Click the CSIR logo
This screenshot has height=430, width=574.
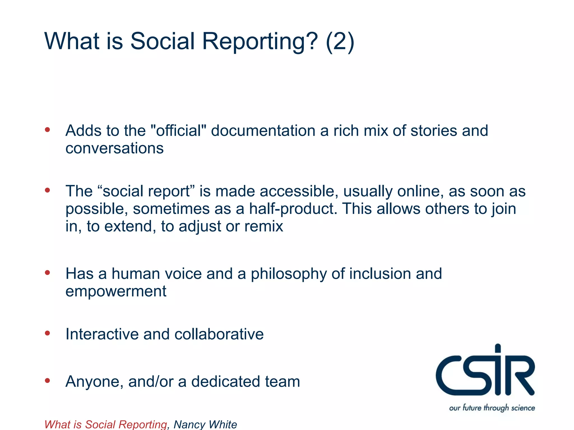pos(485,372)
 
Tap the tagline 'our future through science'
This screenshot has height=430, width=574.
pos(492,408)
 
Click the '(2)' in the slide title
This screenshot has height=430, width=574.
pos(340,41)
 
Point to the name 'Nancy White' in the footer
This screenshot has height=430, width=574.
pos(205,424)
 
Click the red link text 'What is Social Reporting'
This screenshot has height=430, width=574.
pos(106,424)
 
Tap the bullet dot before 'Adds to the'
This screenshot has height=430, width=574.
pos(47,130)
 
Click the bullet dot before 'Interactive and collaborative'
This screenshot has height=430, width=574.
pos(47,333)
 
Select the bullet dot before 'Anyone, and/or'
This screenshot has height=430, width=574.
pos(47,380)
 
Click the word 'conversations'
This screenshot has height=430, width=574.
pos(114,148)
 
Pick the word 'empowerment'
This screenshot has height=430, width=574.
pos(116,291)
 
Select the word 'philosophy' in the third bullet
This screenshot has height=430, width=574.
pos(289,274)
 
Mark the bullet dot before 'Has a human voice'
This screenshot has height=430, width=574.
pos(47,272)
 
